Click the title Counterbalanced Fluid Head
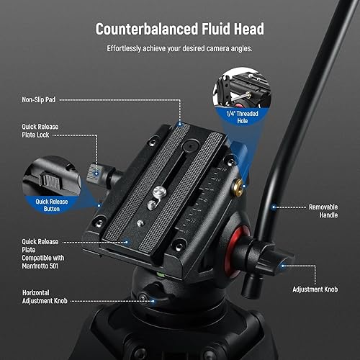(180, 29)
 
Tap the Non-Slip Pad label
(39, 99)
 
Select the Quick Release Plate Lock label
(40, 131)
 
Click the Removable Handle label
(323, 211)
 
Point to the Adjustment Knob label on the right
(315, 289)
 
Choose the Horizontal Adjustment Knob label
(45, 297)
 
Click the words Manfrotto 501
(40, 266)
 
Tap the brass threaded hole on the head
(238, 188)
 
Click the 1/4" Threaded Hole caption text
(243, 117)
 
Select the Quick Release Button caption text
(52, 205)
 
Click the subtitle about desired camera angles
(179, 48)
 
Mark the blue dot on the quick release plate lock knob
(96, 174)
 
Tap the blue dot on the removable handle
(274, 207)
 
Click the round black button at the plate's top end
(191, 145)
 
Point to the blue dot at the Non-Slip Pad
(180, 124)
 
